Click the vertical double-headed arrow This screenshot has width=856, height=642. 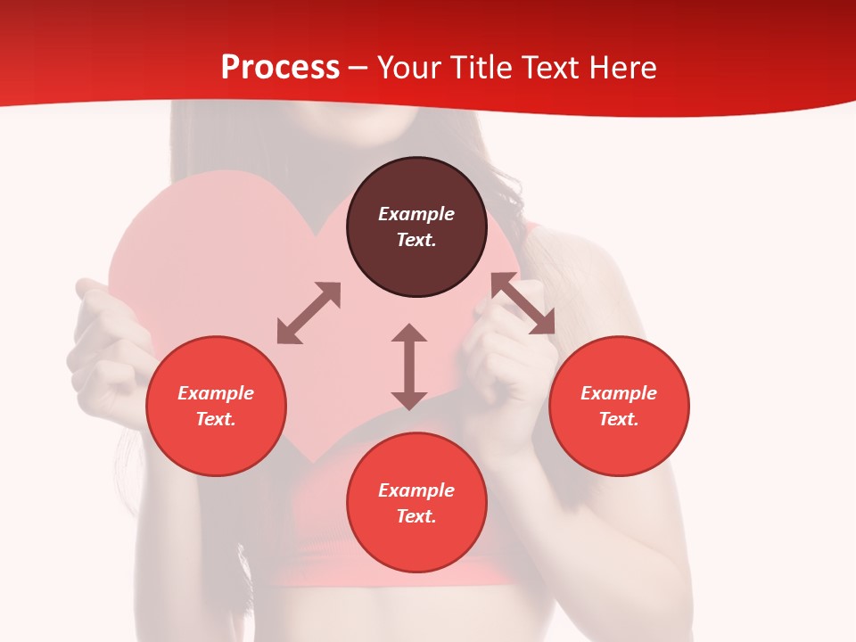(409, 366)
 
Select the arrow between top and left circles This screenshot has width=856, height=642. (309, 313)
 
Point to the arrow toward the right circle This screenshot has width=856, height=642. (523, 303)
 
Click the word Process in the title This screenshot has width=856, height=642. (280, 67)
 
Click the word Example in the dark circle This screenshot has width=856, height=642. (416, 214)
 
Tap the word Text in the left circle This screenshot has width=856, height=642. (216, 419)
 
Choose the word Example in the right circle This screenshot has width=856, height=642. (619, 393)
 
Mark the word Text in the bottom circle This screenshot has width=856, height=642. (416, 516)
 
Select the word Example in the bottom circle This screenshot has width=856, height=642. (416, 490)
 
